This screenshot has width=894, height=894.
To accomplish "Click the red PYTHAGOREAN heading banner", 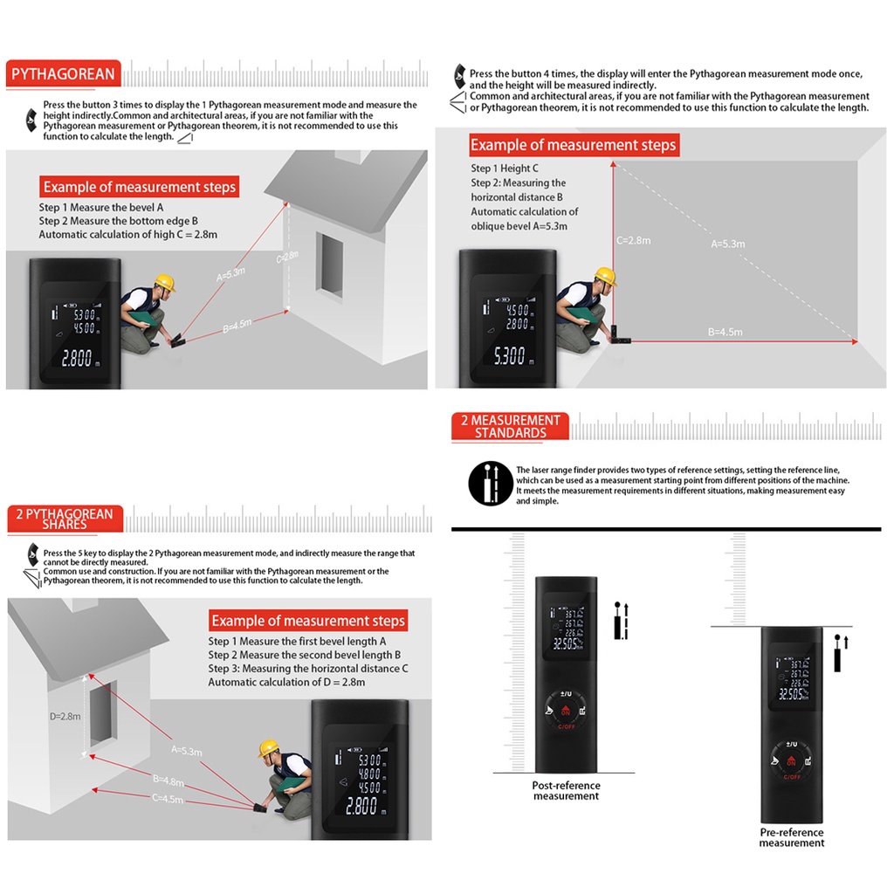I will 64,74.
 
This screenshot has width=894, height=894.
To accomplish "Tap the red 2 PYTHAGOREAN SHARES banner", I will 65,519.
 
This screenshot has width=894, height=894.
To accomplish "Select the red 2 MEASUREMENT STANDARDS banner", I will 511,426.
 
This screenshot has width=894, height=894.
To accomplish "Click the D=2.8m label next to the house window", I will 65,716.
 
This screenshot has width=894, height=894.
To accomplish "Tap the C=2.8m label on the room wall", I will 633,240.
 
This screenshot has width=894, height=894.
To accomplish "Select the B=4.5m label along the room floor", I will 725,332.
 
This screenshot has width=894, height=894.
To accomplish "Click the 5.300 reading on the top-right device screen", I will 510,356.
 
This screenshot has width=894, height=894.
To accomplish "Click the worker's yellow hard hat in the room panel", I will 605,277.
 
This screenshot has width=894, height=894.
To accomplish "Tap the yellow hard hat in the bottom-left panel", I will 268,748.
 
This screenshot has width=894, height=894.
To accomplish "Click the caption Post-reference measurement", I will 566,790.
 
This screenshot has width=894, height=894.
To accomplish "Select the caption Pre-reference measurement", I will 792,837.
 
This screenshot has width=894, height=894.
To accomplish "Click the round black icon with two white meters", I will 491,484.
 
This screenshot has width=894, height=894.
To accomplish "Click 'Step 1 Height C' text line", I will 505,168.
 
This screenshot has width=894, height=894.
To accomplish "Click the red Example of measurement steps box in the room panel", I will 573,145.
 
